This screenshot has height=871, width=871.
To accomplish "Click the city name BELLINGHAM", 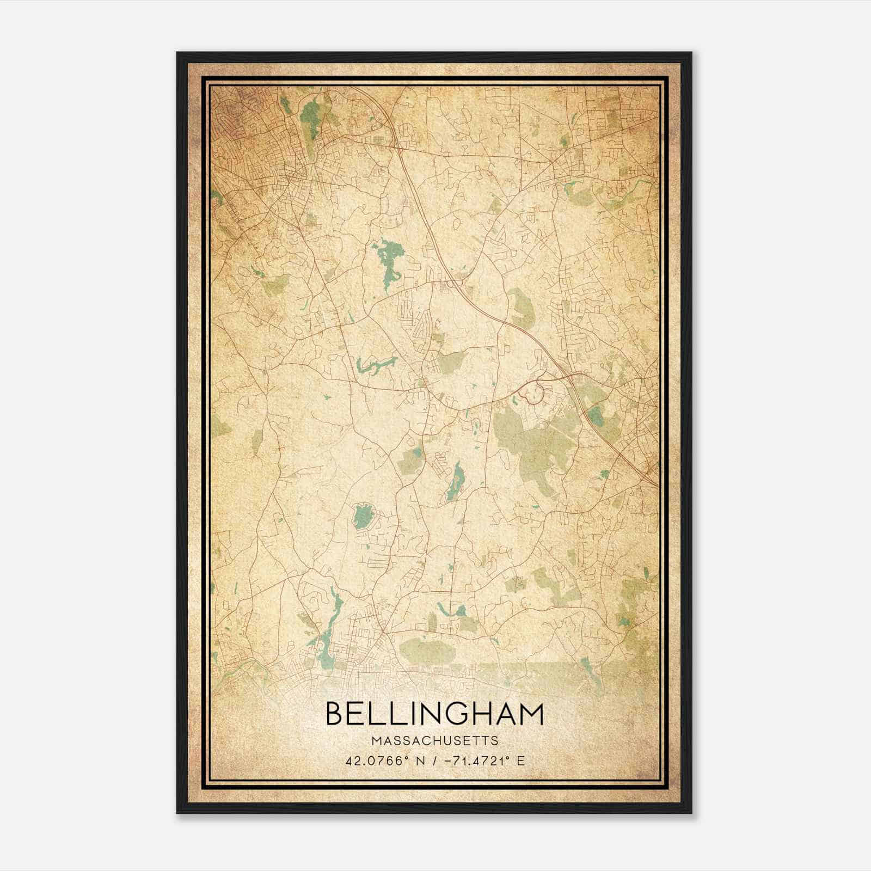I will [x=434, y=714].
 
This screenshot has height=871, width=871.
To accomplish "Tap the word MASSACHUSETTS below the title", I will [x=434, y=741].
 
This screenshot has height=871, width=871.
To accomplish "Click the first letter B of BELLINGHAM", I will [x=335, y=714].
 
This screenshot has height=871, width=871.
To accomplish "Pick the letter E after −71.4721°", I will [x=522, y=760].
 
